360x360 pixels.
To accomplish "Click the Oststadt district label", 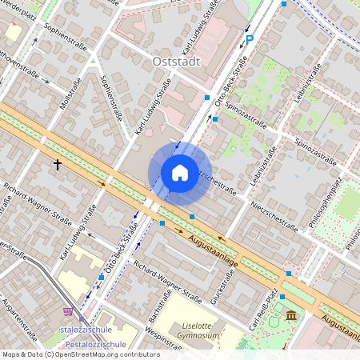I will pos(174,61).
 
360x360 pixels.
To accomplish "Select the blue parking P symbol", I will pos(249,38).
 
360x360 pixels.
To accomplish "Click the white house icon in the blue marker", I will pos(180,172).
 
